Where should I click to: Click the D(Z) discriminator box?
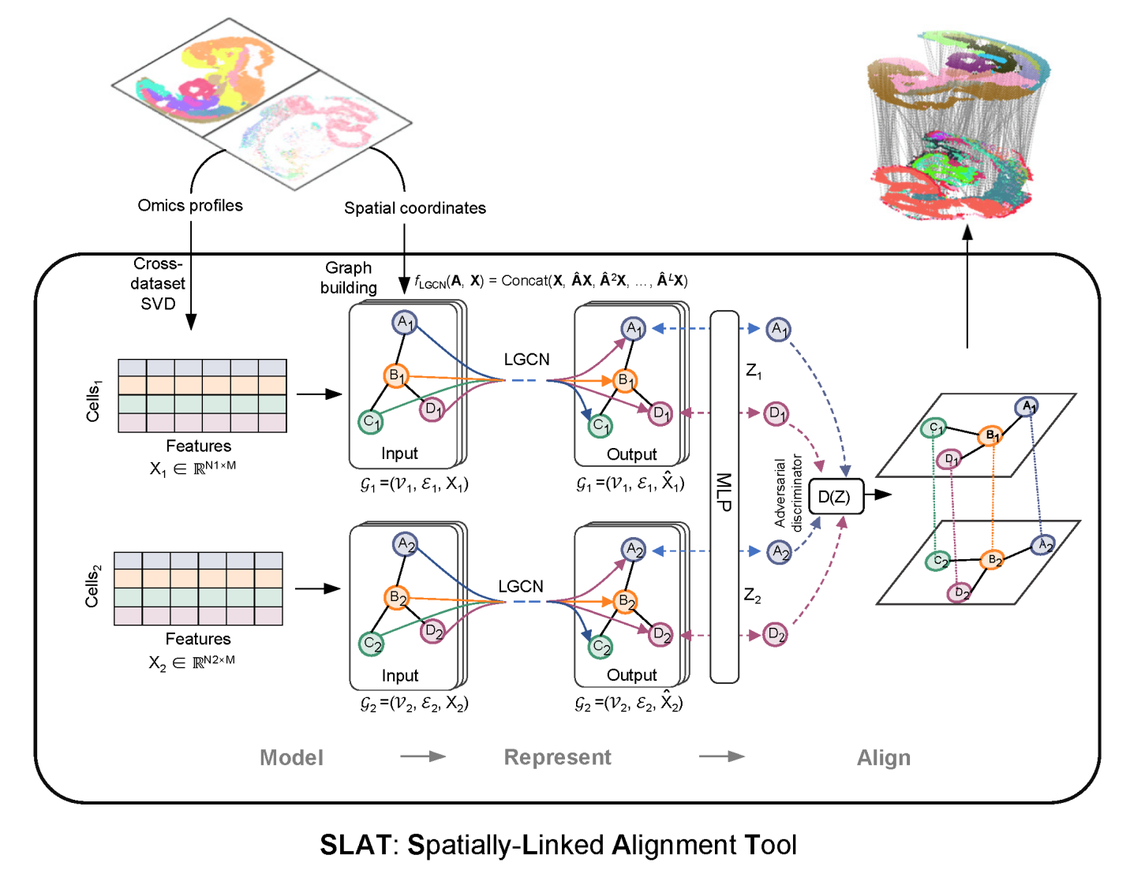(836, 496)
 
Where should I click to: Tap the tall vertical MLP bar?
(724, 496)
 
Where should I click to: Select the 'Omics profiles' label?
(190, 205)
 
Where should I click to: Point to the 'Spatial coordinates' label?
(414, 208)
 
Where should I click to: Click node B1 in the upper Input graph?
(395, 376)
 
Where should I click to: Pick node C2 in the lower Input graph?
(371, 644)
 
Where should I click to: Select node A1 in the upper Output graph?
(633, 328)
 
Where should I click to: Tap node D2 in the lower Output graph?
(660, 634)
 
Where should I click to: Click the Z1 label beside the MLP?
(754, 370)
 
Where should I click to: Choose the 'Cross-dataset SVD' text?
(158, 284)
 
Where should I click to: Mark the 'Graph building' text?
(348, 278)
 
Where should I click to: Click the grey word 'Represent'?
(557, 757)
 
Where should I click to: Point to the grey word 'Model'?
(291, 758)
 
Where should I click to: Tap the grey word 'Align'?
(883, 758)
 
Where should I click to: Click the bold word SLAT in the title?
(354, 845)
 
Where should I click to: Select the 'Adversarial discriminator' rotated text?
(788, 493)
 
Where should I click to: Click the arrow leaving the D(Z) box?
(878, 495)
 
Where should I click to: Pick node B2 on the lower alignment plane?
(992, 560)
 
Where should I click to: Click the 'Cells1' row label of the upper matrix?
(93, 401)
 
